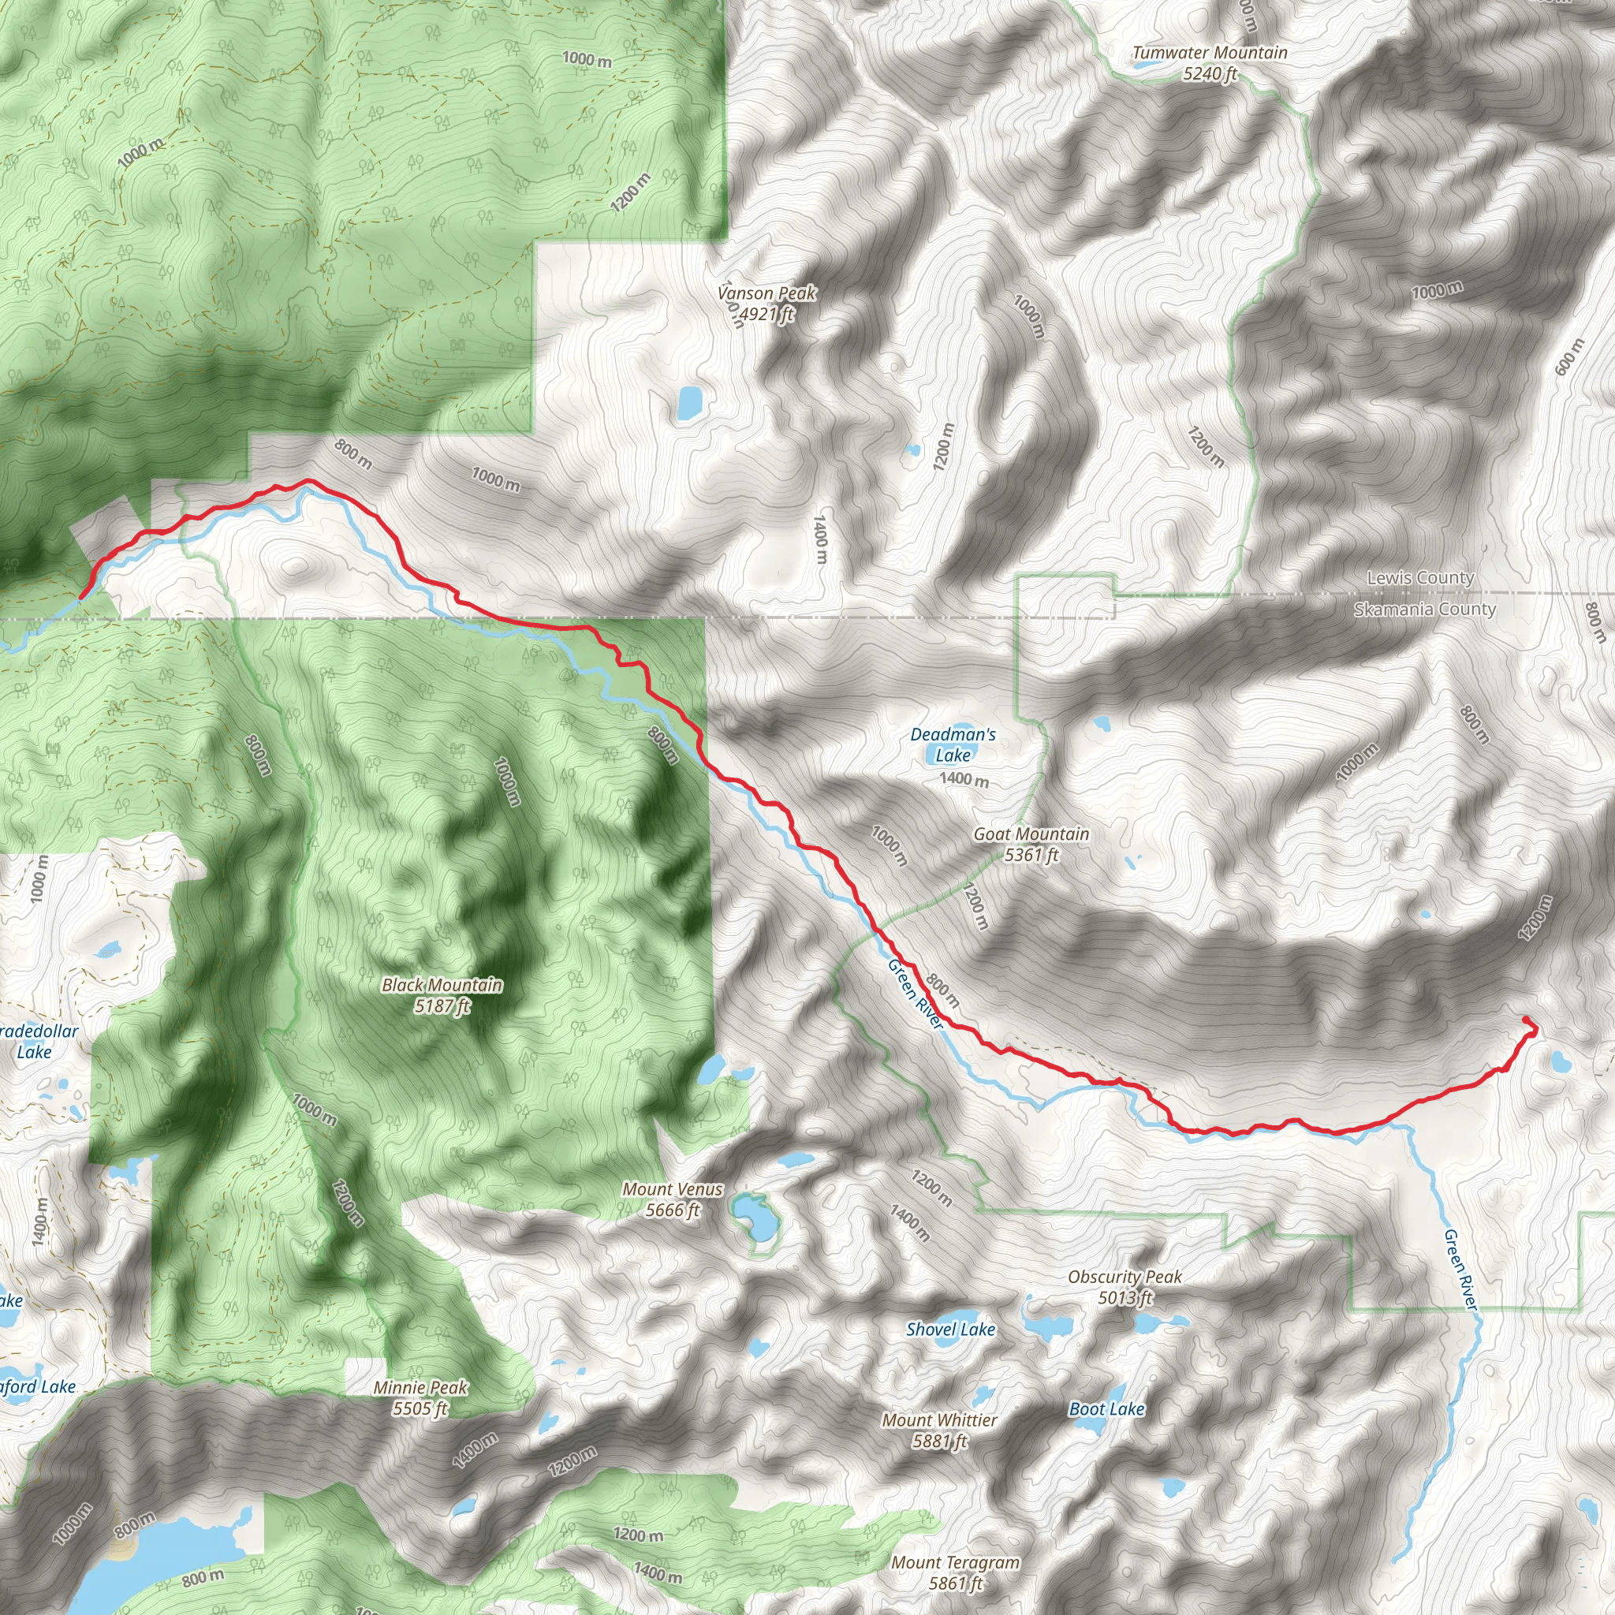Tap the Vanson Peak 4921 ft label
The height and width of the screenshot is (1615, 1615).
pos(766,304)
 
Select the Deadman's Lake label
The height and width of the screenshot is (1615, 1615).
pos(953,744)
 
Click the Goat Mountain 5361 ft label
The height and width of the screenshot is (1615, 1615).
pos(1031,845)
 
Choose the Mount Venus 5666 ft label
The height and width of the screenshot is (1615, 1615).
pos(672,1199)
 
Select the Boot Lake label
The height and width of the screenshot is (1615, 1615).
pos(1106,1409)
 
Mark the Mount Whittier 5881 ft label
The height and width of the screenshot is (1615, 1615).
pos(939,1430)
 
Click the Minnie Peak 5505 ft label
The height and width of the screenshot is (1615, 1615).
pos(420,1397)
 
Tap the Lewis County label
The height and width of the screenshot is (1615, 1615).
pos(1420,577)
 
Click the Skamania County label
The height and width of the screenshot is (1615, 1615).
pos(1424,610)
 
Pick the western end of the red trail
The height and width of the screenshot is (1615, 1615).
pos(81,596)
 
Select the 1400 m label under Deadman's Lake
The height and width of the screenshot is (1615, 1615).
pos(964,779)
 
